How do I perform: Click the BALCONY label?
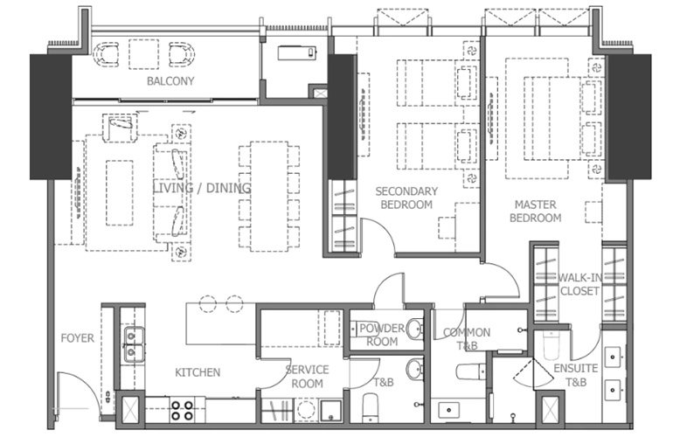coord(170,81)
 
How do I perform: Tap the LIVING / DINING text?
coord(202,188)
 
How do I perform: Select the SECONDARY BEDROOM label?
coord(404,198)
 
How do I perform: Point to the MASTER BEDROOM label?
coord(535,211)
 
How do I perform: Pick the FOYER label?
coord(77,338)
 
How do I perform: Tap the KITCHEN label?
coord(198,372)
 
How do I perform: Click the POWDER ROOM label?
coord(382,335)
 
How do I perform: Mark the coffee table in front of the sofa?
coord(119,192)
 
